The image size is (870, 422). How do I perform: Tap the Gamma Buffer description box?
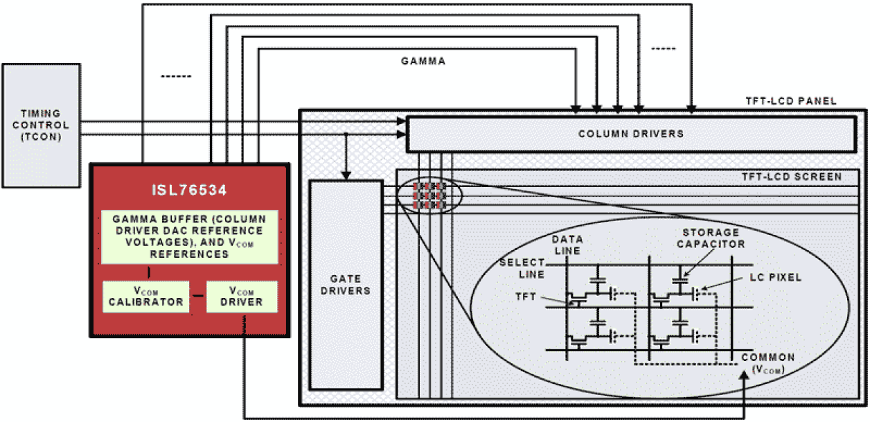tap(189, 236)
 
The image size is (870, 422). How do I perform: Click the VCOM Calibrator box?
tap(145, 297)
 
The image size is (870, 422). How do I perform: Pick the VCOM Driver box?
tap(242, 297)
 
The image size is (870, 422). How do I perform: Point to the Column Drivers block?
tap(630, 134)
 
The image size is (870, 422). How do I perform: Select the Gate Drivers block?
tap(346, 285)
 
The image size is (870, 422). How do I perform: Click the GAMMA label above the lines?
tap(423, 62)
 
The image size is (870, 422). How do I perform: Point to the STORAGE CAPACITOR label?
tap(711, 238)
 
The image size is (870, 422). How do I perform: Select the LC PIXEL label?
tap(774, 277)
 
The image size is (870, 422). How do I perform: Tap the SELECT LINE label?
tap(522, 268)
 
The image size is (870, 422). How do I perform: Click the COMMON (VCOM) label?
tap(767, 363)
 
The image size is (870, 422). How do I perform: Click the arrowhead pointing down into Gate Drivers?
tap(346, 175)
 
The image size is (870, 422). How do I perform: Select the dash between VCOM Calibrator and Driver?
tap(197, 297)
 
